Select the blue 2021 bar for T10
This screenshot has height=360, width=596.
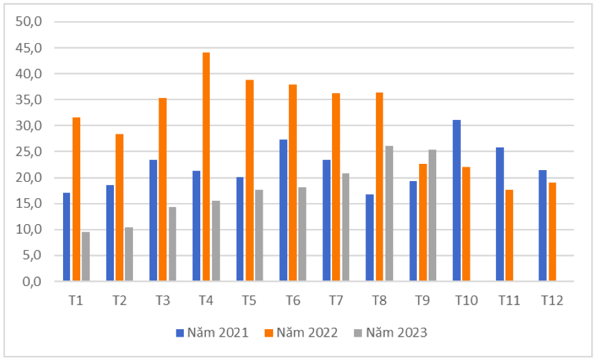(457, 200)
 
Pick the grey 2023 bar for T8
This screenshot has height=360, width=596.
(390, 213)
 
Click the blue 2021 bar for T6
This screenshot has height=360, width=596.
(283, 210)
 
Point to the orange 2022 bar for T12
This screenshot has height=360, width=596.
(552, 232)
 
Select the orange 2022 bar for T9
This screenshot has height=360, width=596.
(422, 222)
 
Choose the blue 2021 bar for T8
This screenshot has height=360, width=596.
(370, 237)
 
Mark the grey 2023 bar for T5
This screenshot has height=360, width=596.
(259, 235)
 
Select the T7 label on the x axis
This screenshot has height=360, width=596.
(336, 300)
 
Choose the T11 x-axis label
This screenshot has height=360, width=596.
(509, 300)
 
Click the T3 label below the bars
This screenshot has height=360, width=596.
(163, 300)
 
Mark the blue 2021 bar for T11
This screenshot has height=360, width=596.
(500, 214)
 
